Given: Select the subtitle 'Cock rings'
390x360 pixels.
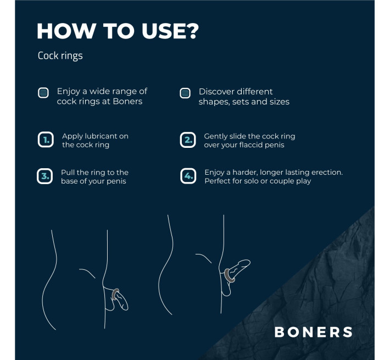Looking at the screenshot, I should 60,56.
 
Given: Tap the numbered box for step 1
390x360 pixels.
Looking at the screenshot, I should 45,140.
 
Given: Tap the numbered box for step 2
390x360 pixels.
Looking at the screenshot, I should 188,140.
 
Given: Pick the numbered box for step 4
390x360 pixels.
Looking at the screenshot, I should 188,176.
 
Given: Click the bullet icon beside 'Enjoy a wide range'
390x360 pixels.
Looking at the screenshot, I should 43,92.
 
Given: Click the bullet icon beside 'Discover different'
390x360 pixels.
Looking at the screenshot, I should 186,93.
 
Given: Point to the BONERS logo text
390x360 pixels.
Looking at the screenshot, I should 313,332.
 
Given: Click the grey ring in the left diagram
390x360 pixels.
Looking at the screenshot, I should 115,294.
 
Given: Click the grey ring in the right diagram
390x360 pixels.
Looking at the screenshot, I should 229,275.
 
